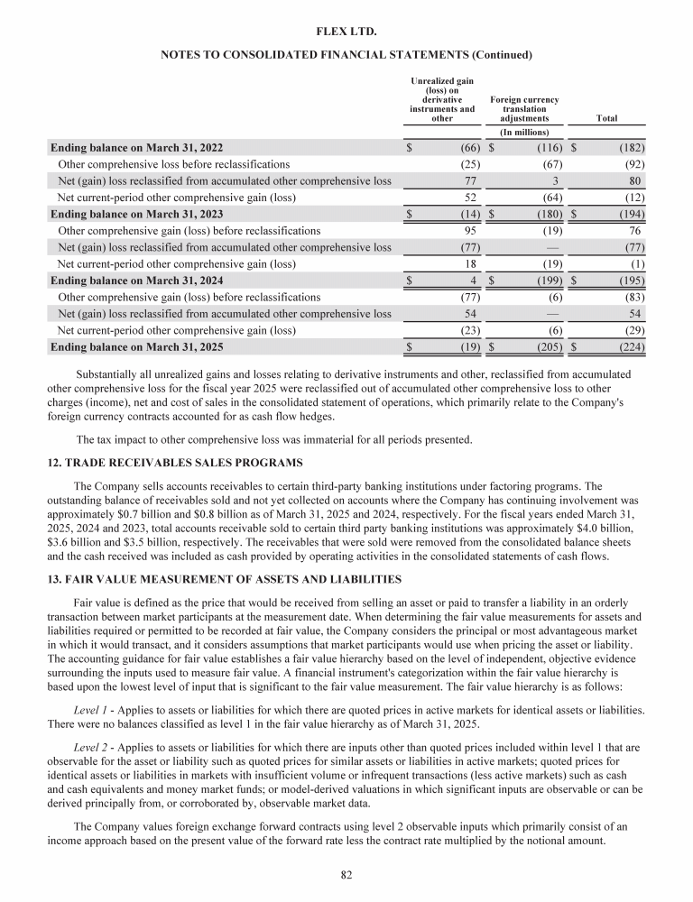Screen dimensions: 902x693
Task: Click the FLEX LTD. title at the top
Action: pos(346,32)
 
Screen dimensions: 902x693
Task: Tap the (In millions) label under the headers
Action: pos(524,133)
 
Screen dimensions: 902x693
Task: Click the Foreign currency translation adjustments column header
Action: pos(523,108)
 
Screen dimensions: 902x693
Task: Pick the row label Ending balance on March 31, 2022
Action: pos(136,147)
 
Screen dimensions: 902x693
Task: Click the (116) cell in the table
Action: pos(549,147)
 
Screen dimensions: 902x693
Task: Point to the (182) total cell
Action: pos(629,147)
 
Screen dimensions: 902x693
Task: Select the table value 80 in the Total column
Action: pos(635,180)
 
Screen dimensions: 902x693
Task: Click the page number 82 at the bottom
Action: pos(346,875)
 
